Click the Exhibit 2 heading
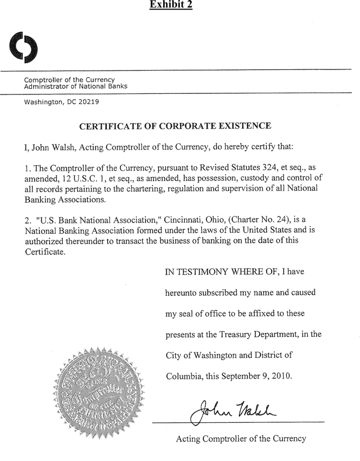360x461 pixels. tap(171, 5)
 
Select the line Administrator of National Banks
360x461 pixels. tap(75, 87)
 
